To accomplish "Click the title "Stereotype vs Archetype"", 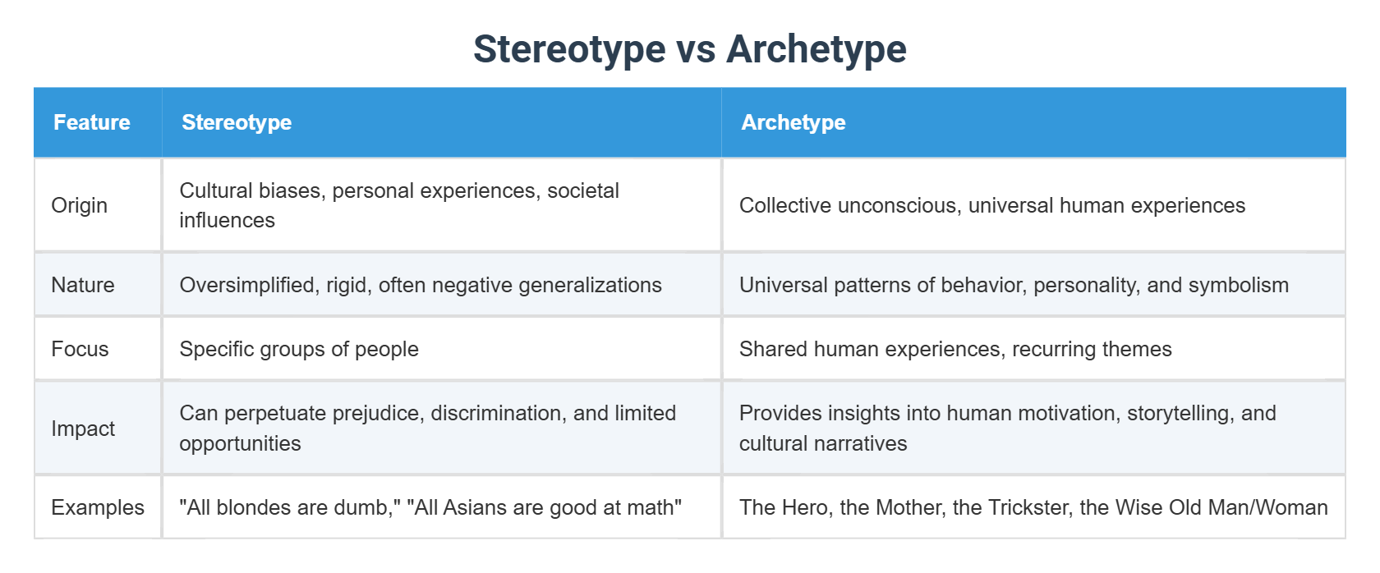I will pyautogui.click(x=689, y=48).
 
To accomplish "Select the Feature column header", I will pyautogui.click(x=92, y=122).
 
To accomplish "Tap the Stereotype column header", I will pyautogui.click(x=237, y=122).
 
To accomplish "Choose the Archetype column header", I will pyautogui.click(x=793, y=122).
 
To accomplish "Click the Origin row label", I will pyautogui.click(x=80, y=205).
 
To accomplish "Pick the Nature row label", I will pyautogui.click(x=83, y=285).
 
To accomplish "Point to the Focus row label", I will pyautogui.click(x=80, y=349).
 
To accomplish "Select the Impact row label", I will pyautogui.click(x=83, y=429).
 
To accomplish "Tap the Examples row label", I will pyautogui.click(x=98, y=507).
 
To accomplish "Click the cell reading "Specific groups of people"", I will pyautogui.click(x=299, y=349).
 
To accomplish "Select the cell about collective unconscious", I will pyautogui.click(x=991, y=205).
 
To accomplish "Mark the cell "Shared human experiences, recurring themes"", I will pyautogui.click(x=954, y=349).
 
